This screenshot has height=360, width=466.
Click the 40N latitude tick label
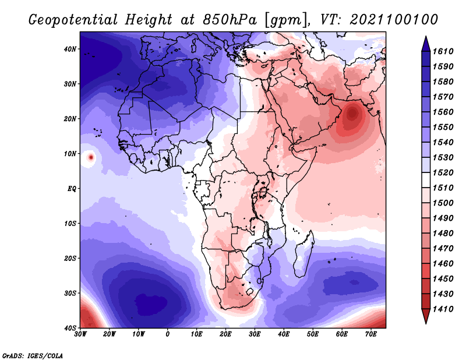70,49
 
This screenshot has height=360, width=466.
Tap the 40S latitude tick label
70,328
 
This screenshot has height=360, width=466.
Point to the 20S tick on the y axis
70,258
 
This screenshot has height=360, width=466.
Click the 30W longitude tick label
80,334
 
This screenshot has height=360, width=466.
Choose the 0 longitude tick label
168,334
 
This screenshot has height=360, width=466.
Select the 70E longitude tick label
371,334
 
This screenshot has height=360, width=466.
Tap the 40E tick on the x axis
284,334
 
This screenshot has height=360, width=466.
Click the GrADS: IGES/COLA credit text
32,354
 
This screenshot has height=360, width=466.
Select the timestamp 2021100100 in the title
394,20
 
